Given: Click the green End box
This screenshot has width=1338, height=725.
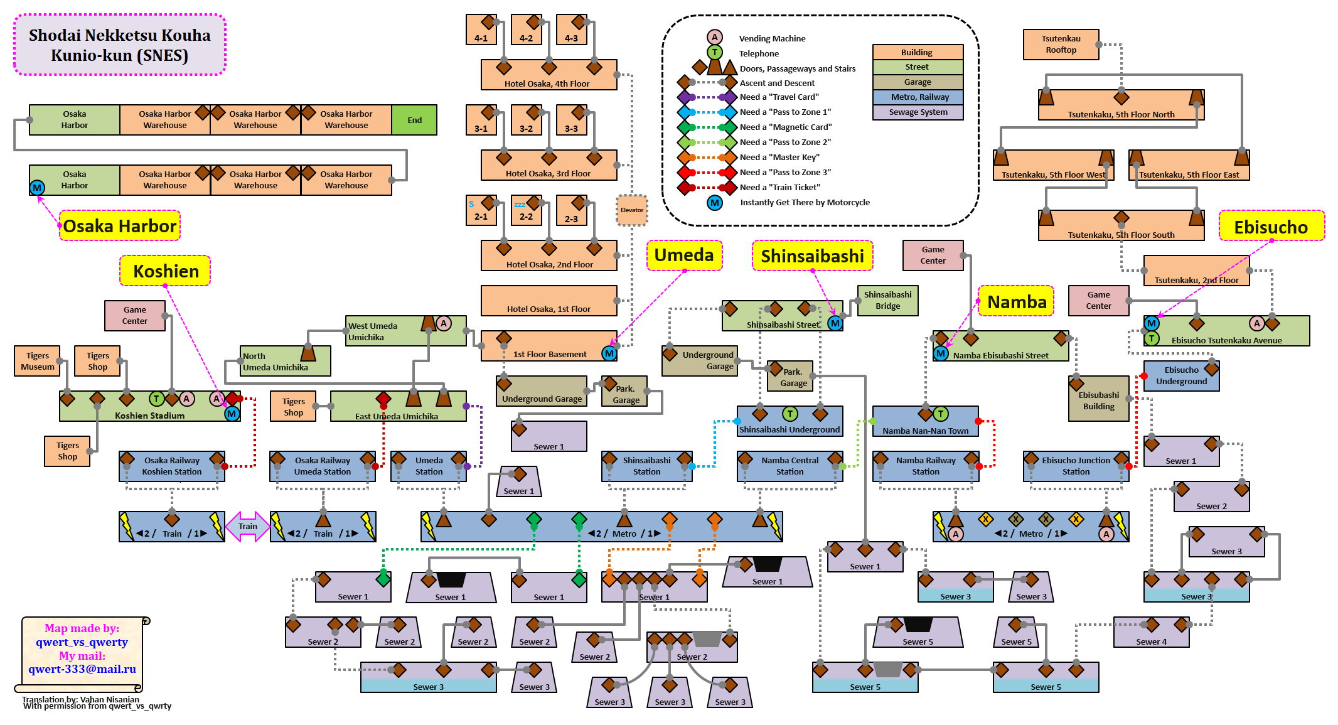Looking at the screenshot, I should [x=414, y=120].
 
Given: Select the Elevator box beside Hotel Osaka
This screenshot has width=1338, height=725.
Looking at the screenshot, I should [x=632, y=210].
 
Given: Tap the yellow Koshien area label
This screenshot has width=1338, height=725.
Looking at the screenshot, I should [x=166, y=271].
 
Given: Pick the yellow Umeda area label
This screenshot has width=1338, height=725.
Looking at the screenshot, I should [x=684, y=255].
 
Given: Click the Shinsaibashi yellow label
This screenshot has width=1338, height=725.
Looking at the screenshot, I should [x=812, y=256].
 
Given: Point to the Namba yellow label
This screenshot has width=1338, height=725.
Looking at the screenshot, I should [x=1017, y=302].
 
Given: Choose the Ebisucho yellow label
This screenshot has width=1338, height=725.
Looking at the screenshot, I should [x=1271, y=227].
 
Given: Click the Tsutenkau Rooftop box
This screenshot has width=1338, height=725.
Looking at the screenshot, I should [x=1061, y=45].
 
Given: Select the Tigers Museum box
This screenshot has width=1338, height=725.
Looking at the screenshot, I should [x=38, y=361].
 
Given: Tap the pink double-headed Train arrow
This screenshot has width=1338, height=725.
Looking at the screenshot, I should [x=248, y=527].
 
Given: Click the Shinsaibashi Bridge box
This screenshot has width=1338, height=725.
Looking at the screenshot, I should [x=887, y=301].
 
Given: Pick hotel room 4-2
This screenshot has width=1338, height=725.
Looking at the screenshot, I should [x=526, y=30].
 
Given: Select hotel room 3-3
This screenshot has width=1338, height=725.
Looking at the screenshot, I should [x=571, y=121].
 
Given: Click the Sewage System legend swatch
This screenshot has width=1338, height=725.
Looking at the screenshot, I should [x=918, y=112].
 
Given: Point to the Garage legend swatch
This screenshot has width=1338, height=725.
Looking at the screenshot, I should [x=918, y=82].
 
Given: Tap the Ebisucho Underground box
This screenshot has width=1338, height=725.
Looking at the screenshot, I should [x=1181, y=376].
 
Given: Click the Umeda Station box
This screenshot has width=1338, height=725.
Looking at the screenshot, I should [x=429, y=466].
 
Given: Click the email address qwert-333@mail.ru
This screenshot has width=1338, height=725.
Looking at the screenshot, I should [x=82, y=669].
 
